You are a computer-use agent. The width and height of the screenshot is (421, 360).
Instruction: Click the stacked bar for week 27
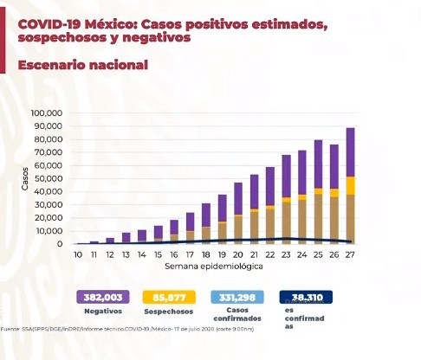pyautogui.click(x=350, y=186)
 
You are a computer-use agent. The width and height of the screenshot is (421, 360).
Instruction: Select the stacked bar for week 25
pyautogui.click(x=319, y=191)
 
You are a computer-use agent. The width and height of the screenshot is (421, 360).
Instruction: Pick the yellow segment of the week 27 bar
pyautogui.click(x=350, y=185)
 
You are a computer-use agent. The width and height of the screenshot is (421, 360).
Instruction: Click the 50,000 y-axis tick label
pyautogui.click(x=47, y=178)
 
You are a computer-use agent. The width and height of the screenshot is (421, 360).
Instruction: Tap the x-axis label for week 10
pyautogui.click(x=78, y=255)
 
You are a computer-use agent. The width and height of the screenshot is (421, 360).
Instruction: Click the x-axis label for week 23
pyautogui.click(x=286, y=255)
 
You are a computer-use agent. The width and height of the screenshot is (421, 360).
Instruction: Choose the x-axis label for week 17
pyautogui.click(x=190, y=255)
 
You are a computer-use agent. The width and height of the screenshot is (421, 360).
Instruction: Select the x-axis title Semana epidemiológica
pyautogui.click(x=215, y=267)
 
